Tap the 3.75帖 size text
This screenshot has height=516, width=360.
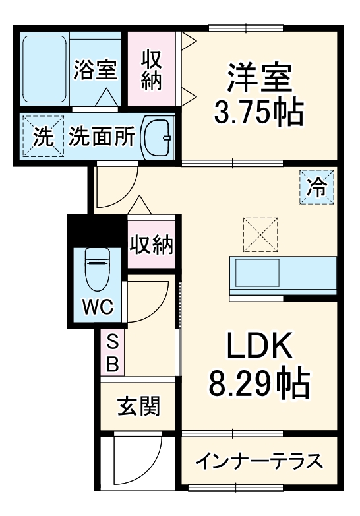[x=258, y=114]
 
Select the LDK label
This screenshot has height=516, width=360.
[x=259, y=344]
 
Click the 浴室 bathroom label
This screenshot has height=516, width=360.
[x=94, y=70]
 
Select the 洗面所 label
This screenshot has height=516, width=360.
[x=102, y=137]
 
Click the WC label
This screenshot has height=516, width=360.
[x=97, y=307]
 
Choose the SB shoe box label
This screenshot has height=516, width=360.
[x=112, y=353]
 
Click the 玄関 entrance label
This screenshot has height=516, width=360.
[x=139, y=406]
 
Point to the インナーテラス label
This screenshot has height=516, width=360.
[x=258, y=460]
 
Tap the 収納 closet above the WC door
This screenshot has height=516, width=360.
[x=152, y=245]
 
